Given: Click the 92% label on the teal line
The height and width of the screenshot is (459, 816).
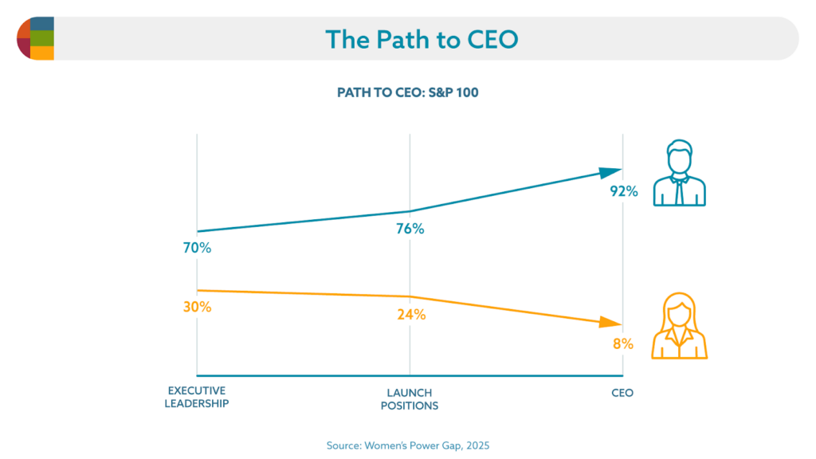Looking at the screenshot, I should click(622, 191).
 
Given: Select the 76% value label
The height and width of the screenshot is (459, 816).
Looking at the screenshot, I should click(410, 229).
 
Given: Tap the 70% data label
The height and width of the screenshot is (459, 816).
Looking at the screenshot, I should click(196, 249).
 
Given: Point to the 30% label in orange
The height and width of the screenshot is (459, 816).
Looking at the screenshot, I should click(196, 307).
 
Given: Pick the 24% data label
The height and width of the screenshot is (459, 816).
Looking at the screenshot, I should click(411, 314).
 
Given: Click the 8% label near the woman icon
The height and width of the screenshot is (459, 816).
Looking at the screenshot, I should click(623, 344).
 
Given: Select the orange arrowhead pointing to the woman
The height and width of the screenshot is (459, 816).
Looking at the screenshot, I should click(611, 323).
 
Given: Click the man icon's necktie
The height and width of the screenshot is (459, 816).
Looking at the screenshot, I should click(679, 190).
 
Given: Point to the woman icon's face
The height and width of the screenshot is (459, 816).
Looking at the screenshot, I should click(680, 313).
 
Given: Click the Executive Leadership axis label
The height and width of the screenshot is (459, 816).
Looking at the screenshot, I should click(196, 397).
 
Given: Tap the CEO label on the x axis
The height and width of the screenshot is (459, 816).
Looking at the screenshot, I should click(622, 393).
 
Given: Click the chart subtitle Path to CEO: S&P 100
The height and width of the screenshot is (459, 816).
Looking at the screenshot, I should click(408, 92).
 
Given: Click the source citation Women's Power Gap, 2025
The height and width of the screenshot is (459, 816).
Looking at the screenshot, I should click(408, 445).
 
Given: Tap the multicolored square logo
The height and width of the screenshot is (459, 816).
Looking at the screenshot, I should click(35, 37).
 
